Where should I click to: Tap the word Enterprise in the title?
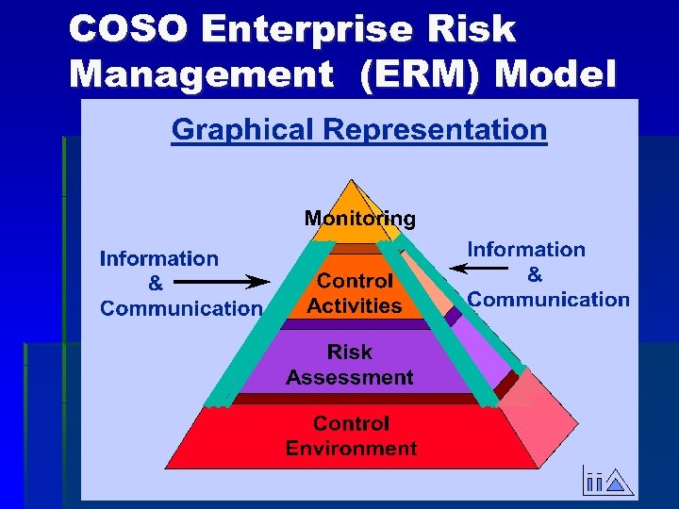306,29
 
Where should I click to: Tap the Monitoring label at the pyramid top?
359,219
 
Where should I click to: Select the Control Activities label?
355,293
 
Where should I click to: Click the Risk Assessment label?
350,365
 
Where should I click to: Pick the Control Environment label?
351,435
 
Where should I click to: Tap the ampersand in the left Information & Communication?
156,283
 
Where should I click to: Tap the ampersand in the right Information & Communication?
535,274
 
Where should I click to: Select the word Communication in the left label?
181,308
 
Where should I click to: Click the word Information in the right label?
526,250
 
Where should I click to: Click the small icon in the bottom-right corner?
604,482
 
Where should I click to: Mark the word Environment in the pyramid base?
351,448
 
